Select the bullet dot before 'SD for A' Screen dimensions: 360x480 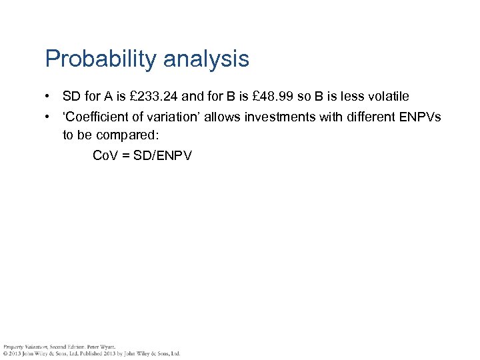click(49, 97)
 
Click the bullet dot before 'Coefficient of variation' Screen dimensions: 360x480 click(49, 118)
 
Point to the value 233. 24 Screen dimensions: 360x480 click(157, 97)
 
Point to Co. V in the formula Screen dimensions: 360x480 click(105, 155)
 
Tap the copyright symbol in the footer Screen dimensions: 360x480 click(5, 353)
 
